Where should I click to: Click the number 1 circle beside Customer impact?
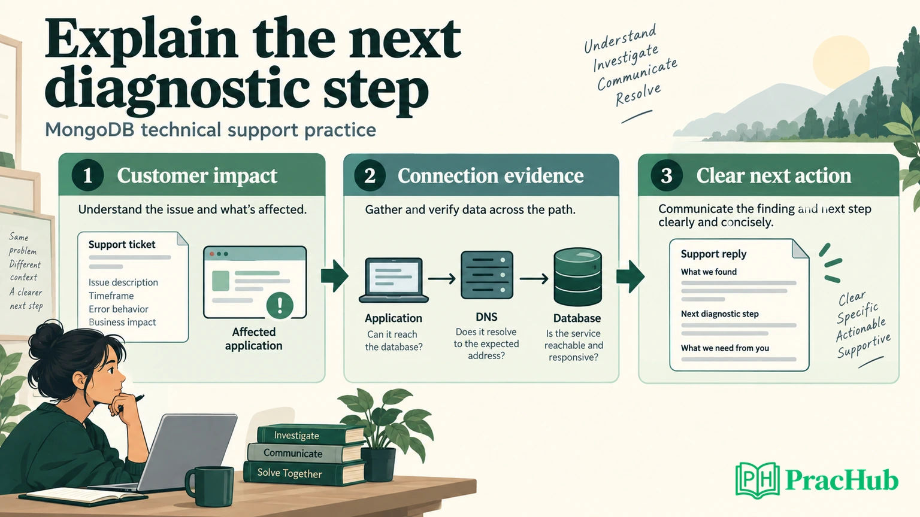tap(87, 175)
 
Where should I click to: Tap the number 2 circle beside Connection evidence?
tap(370, 175)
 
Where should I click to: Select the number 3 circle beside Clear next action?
tap(666, 175)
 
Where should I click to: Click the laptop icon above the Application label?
tap(394, 280)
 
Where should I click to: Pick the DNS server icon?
tap(487, 275)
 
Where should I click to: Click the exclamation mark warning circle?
tap(280, 305)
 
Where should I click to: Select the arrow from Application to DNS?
tap(442, 279)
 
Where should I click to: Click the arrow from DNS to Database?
tap(534, 279)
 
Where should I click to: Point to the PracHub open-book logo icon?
tap(758, 480)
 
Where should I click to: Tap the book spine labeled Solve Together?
tap(304, 473)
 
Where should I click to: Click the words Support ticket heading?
tap(122, 245)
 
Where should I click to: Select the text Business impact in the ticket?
tap(122, 322)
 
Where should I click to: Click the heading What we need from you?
tap(725, 348)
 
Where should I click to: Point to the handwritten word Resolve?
tap(638, 95)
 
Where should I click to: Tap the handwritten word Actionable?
tap(861, 330)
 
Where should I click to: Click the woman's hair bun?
tap(45, 339)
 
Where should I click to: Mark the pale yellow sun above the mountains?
tap(841, 62)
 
